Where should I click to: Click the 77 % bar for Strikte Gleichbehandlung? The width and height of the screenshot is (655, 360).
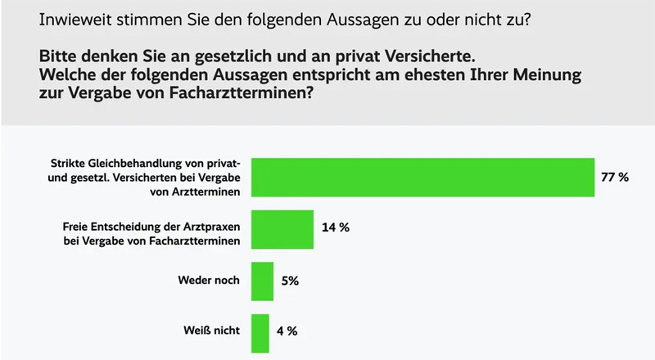pos(422,177)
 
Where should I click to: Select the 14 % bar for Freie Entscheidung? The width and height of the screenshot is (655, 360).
pos(282,228)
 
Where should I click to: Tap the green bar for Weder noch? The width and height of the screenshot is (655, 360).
pos(262,281)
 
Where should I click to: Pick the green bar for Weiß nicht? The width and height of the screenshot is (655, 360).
pos(260,333)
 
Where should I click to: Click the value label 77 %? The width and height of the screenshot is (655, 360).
pos(615,177)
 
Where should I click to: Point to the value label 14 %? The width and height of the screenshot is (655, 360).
pos(336,228)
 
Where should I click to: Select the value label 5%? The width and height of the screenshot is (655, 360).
pos(289,281)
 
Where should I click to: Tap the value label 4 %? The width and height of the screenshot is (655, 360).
pos(287,333)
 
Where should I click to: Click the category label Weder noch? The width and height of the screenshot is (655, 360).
pos(209,281)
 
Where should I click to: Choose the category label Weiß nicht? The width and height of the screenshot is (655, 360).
pos(210,333)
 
